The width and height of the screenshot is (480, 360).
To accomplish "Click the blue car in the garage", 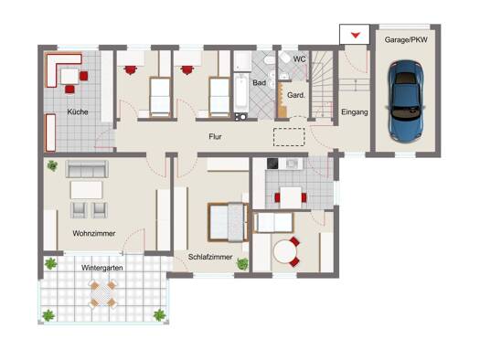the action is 405,101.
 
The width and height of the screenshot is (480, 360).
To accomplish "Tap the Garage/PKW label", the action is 406,40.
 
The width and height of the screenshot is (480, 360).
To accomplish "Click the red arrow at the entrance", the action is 355,35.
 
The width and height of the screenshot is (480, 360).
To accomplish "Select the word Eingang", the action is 355,112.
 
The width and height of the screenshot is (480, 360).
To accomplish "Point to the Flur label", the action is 215,136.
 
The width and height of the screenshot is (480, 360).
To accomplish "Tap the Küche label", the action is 78,112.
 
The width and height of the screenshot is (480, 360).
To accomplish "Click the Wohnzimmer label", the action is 94,233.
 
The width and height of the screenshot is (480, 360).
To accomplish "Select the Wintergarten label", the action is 102,268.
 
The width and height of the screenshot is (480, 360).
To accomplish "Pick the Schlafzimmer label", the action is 210,257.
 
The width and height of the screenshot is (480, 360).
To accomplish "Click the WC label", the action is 299,59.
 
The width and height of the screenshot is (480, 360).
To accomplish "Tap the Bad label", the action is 259,82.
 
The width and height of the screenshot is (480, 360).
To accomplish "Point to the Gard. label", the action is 296,95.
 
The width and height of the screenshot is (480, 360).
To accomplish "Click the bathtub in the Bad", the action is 241,92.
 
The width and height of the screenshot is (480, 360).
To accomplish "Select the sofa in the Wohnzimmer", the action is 87,169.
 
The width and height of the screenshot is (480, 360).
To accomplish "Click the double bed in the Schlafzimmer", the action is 228,222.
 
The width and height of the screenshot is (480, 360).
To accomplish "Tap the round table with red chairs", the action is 285,251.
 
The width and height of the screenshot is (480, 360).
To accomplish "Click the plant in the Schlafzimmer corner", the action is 243,264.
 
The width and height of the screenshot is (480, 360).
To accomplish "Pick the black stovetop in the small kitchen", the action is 272,164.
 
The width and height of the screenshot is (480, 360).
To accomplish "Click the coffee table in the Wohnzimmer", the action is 86,190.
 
